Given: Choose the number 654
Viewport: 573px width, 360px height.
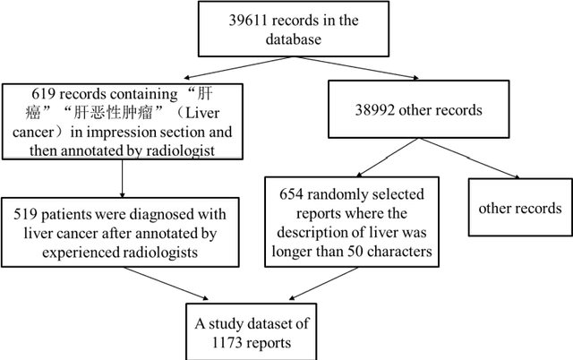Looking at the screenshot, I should tap(291, 193).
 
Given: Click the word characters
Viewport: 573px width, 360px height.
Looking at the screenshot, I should tap(394, 252).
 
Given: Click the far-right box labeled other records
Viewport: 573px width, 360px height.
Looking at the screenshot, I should tap(520, 209).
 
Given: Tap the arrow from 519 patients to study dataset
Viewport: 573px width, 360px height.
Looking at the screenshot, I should tap(184, 287).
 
